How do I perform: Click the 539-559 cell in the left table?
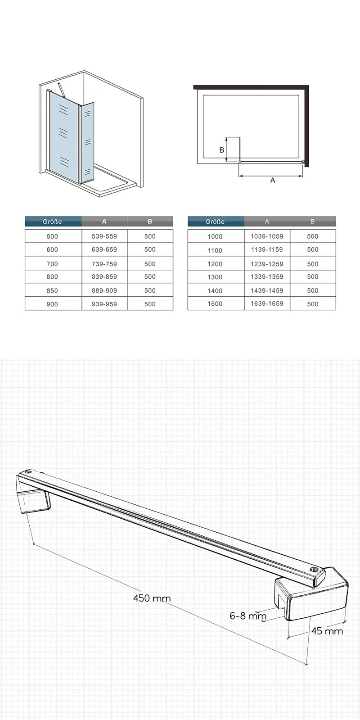tap(104, 236)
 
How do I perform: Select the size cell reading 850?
tap(53, 290)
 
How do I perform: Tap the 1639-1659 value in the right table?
tap(267, 304)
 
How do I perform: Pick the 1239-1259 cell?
tap(267, 263)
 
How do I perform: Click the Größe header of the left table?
tap(53, 222)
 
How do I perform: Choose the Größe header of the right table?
tap(215, 222)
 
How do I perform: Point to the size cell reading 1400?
tap(215, 290)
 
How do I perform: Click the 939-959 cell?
tap(104, 304)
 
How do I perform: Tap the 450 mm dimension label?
tap(152, 598)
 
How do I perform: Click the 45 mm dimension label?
tap(327, 631)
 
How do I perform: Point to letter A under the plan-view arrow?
tap(272, 180)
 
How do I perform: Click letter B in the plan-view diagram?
tap(221, 150)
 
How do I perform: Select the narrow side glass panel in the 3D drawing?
tap(87, 142)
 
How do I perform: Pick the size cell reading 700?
tap(53, 263)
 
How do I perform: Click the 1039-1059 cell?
tap(267, 236)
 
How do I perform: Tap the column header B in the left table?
tap(150, 222)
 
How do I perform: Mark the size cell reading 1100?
tap(215, 250)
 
